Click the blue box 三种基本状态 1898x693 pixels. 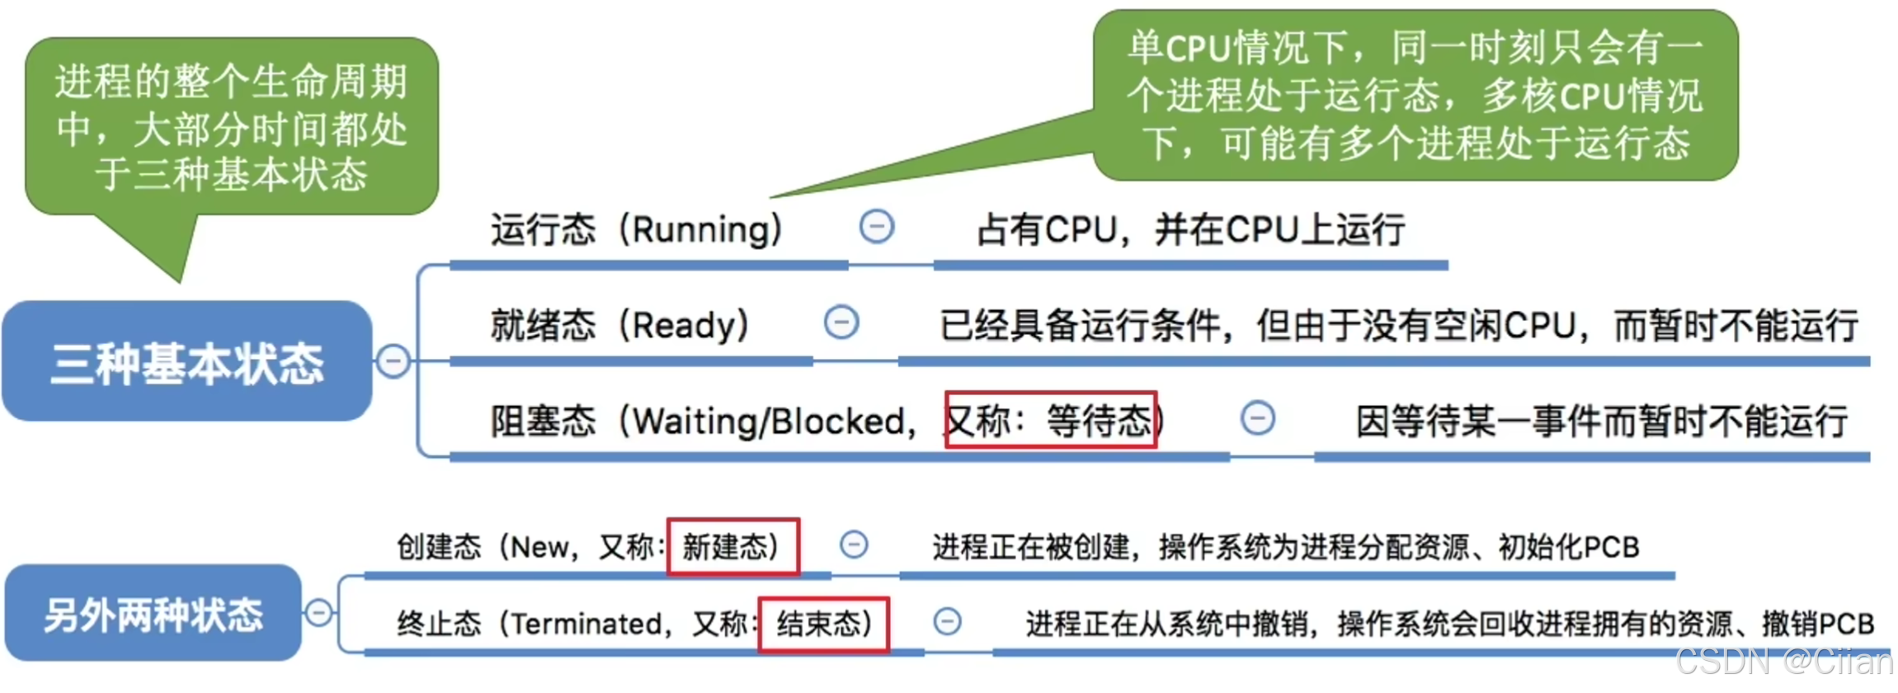(x=187, y=363)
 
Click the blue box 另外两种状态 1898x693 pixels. (x=153, y=615)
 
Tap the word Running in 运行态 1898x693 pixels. (x=700, y=229)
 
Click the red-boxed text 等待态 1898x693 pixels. (x=1051, y=421)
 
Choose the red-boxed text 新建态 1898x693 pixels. (x=732, y=546)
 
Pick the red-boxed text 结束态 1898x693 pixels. (x=823, y=624)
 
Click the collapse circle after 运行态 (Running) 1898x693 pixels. (x=877, y=226)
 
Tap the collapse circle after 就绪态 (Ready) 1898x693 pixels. (x=841, y=322)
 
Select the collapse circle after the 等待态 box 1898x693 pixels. (x=1258, y=418)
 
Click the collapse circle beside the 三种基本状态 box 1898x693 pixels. (x=393, y=361)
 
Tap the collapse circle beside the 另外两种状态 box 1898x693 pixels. (x=319, y=613)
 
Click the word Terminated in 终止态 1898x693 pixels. (x=586, y=624)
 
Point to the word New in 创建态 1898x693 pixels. (x=539, y=546)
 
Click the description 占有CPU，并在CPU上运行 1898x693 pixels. (x=1190, y=229)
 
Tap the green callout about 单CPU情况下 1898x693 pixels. (x=1415, y=95)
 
